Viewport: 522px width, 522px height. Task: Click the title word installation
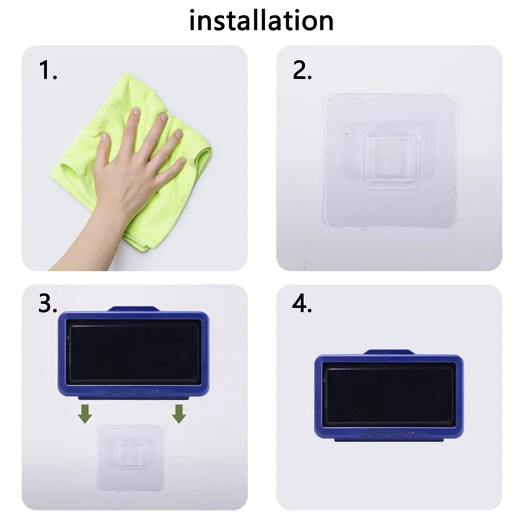pos(261,21)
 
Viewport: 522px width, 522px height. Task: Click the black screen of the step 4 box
pos(390,395)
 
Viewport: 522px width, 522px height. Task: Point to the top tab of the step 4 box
pos(388,352)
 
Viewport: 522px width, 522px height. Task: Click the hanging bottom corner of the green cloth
pos(141,245)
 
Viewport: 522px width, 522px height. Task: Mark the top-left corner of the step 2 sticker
pos(327,97)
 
